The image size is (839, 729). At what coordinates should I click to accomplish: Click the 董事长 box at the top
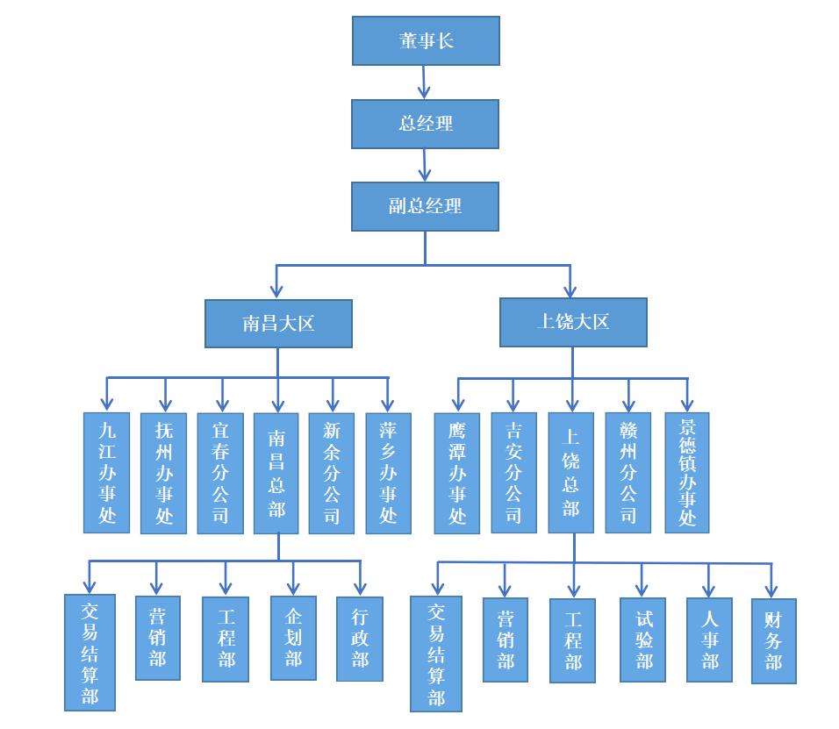point(426,40)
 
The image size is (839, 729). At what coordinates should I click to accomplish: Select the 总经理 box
point(426,124)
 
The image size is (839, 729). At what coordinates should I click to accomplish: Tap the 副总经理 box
point(426,206)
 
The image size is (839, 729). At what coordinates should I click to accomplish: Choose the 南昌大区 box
point(278,324)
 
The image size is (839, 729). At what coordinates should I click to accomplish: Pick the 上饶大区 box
point(573,322)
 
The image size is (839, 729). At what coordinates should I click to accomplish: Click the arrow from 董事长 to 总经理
point(425,82)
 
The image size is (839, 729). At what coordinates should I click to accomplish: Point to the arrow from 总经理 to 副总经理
point(426,165)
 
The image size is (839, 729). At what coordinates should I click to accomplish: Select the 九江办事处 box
point(106,473)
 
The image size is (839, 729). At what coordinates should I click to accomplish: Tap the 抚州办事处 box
point(164,473)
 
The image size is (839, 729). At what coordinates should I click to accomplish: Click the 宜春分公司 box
point(220,473)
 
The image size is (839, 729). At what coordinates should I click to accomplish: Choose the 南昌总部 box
point(276,473)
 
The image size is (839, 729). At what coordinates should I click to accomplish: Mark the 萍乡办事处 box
point(388,473)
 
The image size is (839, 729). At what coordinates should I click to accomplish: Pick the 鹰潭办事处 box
point(457,473)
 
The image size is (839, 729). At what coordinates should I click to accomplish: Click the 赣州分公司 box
point(628,473)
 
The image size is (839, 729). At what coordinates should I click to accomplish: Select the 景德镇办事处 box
point(686,473)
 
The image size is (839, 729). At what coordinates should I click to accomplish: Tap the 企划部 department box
point(293,638)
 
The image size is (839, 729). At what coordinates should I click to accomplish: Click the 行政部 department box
point(360,639)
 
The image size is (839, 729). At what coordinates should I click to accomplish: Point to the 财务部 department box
point(773,641)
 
